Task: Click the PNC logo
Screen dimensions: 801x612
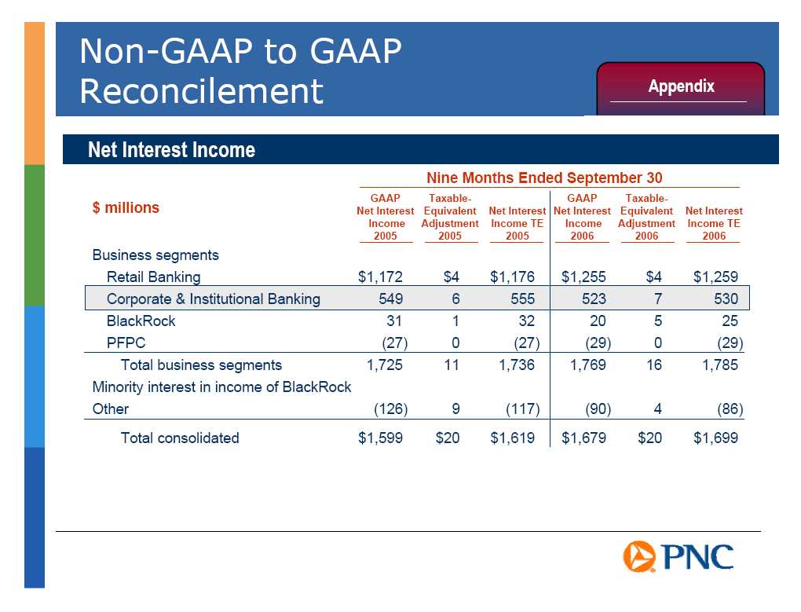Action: point(678,556)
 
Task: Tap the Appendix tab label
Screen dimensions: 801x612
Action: point(681,86)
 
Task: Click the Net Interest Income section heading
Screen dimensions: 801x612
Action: point(171,150)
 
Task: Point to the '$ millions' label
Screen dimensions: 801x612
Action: point(126,207)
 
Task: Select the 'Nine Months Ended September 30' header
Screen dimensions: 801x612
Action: point(544,178)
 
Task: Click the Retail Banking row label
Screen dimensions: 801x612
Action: point(153,277)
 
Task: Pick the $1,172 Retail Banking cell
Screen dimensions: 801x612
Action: point(380,277)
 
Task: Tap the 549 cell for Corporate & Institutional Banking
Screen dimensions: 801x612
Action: point(391,299)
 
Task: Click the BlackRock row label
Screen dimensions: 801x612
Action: point(141,321)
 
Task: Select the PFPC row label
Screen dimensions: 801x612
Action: point(126,343)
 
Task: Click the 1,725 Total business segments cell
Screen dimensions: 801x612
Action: point(385,365)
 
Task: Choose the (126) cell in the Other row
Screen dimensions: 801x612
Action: point(391,409)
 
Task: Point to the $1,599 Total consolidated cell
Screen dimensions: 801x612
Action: point(380,438)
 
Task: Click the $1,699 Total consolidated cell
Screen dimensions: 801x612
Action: point(715,438)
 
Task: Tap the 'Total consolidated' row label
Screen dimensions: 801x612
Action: point(180,438)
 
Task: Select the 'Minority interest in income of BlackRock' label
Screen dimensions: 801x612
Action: point(221,387)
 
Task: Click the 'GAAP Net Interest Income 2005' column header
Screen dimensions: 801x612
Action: point(385,217)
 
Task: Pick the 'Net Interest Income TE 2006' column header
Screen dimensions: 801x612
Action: point(714,223)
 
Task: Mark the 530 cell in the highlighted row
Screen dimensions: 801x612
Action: point(726,299)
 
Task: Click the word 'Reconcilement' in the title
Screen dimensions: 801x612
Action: point(201,91)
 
